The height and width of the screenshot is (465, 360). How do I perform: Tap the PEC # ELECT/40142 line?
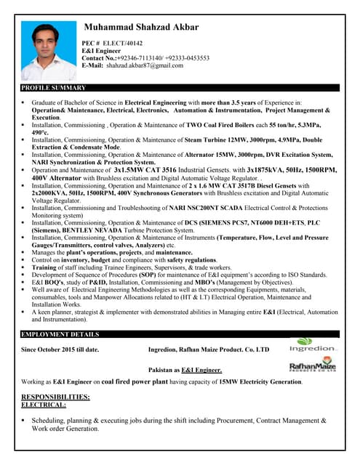[112, 44]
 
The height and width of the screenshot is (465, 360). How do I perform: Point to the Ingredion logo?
[313, 344]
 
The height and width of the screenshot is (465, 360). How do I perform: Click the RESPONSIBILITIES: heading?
[56, 396]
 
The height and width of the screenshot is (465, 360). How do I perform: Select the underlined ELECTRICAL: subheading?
[44, 404]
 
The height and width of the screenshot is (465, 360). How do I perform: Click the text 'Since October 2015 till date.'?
[60, 349]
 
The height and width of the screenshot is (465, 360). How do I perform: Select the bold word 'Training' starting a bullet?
[45, 267]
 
